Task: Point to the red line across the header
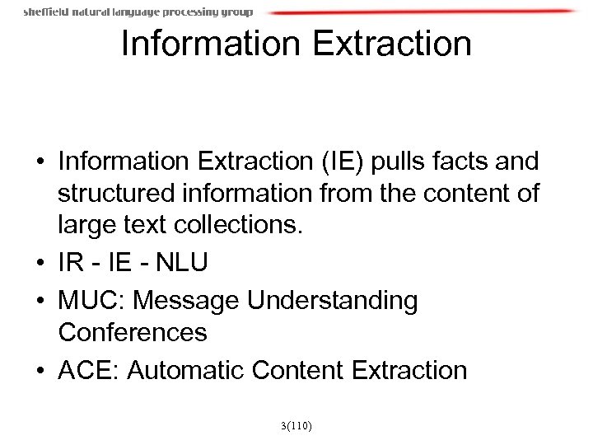pos(420,12)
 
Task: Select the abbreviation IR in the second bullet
pos(69,265)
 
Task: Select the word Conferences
pos(132,335)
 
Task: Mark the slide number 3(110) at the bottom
pos(296,426)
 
